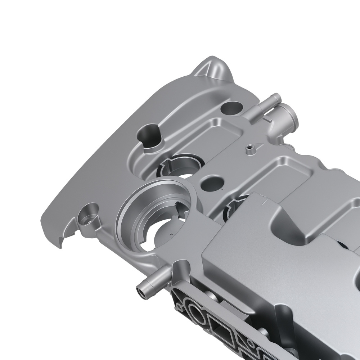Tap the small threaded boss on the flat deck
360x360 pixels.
point(248,148)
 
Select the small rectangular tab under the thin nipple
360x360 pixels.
point(269,118)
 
